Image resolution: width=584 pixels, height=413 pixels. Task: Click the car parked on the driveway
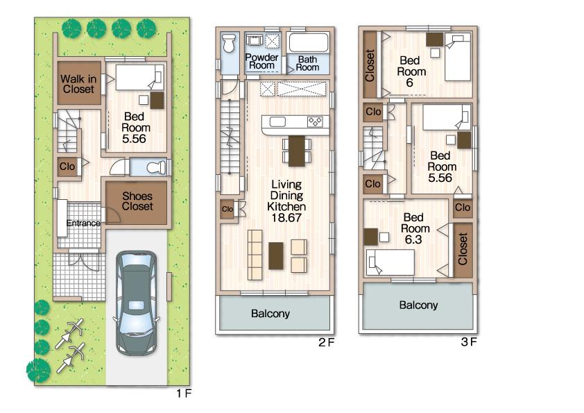click(x=137, y=303)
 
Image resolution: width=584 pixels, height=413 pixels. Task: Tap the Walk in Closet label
click(x=78, y=84)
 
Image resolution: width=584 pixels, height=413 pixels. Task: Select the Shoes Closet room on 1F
click(x=137, y=201)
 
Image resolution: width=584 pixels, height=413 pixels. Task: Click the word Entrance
click(x=83, y=224)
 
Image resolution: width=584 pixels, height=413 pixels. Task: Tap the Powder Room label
click(x=262, y=61)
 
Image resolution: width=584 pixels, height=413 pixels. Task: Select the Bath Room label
click(x=308, y=63)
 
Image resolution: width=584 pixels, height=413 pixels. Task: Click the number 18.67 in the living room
click(x=287, y=217)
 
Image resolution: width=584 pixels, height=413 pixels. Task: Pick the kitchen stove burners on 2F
click(x=315, y=122)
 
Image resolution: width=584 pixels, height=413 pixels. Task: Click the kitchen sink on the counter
click(x=277, y=123)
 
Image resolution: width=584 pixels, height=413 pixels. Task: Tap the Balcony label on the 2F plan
click(x=270, y=314)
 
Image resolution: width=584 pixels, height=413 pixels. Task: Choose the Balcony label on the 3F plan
click(x=418, y=305)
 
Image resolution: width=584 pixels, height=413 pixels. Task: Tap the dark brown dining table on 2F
click(x=296, y=151)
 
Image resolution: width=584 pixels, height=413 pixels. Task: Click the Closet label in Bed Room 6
click(x=370, y=65)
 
